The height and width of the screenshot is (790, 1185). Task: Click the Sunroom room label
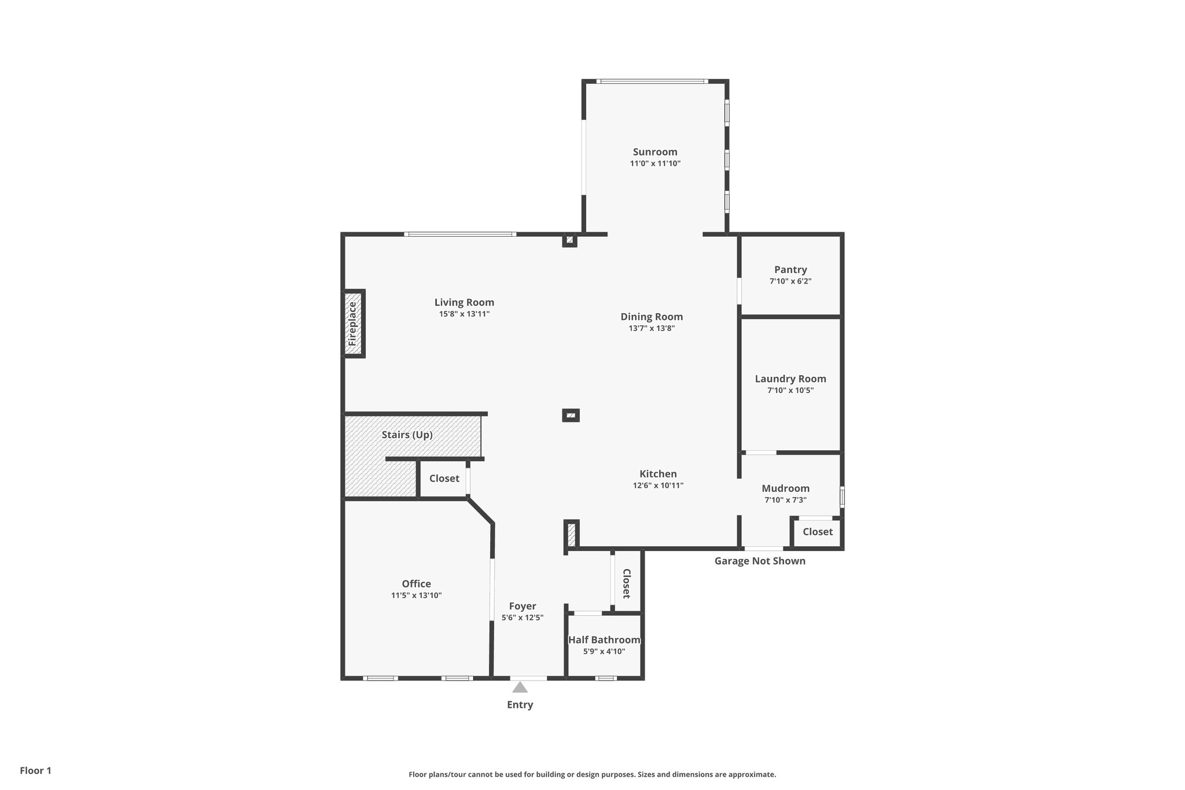click(x=655, y=152)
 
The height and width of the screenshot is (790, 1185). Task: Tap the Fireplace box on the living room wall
click(x=353, y=324)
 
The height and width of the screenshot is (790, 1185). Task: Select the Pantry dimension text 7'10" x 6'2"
click(x=790, y=281)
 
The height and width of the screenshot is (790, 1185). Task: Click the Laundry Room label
click(x=790, y=379)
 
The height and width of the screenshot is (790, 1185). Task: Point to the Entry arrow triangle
click(x=520, y=688)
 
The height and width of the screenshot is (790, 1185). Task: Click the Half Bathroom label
click(x=604, y=640)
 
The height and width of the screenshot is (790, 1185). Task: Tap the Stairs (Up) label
click(x=407, y=435)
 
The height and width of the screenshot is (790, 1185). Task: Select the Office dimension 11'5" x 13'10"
click(x=416, y=596)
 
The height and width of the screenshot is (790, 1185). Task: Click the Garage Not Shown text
click(x=760, y=561)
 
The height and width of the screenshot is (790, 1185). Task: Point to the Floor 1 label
click(x=35, y=771)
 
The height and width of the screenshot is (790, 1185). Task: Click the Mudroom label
click(x=785, y=488)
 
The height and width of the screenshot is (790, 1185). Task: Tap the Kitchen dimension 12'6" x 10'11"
click(x=658, y=486)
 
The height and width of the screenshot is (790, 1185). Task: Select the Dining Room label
click(x=652, y=317)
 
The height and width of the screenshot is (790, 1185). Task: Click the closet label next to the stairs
click(x=444, y=479)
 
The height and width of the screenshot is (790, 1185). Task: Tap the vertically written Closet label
click(x=627, y=583)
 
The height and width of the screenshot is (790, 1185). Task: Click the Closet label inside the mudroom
click(x=818, y=532)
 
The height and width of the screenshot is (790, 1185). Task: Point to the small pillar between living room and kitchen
click(x=571, y=416)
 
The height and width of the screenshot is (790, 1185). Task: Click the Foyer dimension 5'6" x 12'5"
click(x=522, y=618)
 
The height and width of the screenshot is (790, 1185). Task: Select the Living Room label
click(x=464, y=303)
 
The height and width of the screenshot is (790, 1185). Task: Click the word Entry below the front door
click(x=520, y=705)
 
